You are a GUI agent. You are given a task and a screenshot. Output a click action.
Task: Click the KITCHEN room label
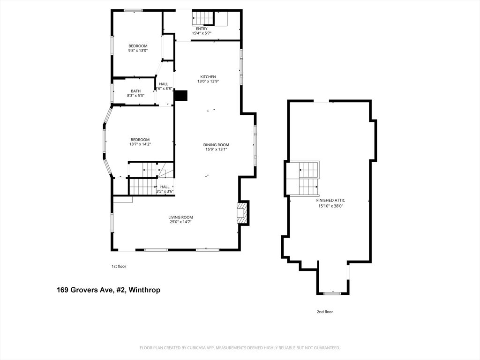pos(208,77)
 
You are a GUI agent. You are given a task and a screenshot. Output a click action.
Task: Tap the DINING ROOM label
pos(216,145)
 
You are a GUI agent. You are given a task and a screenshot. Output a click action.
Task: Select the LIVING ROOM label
pos(181,217)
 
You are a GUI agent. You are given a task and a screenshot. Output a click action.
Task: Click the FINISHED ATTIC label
pos(331,200)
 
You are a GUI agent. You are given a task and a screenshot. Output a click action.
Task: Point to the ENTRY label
pos(202,29)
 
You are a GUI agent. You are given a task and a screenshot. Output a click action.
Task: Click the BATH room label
pos(135,91)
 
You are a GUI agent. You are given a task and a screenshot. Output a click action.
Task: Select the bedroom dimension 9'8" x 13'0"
pos(138,51)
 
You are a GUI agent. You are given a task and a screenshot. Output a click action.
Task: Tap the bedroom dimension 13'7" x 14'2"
pos(140,144)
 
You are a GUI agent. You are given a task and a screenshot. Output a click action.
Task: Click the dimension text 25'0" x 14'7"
pos(181,222)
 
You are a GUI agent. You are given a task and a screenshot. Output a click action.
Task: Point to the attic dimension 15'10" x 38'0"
pos(331,205)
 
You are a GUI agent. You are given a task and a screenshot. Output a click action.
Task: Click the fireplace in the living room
pos(242,213)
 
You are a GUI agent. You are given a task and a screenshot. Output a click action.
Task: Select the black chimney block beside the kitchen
pos(180,96)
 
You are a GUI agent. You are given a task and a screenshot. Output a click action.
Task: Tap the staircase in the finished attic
pos(308,178)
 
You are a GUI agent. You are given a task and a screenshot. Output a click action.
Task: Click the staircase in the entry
pos(202,18)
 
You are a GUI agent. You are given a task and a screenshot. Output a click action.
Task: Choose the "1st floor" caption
pos(119,266)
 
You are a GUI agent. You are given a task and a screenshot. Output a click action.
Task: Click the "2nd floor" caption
pos(325,312)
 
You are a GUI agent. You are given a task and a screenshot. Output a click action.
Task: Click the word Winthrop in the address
pos(145,290)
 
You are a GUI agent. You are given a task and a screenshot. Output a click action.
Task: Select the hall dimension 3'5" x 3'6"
pos(165,191)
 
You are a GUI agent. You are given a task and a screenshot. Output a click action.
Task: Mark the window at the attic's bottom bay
pos(332,293)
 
